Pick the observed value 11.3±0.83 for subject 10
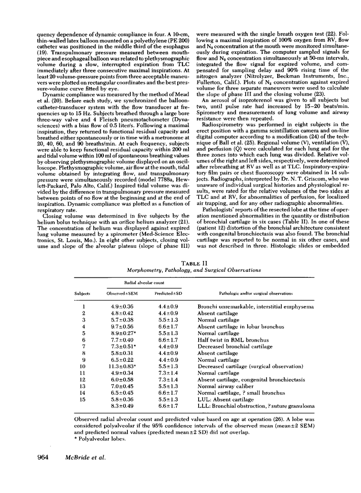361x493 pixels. (125, 366)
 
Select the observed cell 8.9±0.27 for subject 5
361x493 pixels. (125, 334)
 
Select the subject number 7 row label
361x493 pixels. (82, 346)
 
